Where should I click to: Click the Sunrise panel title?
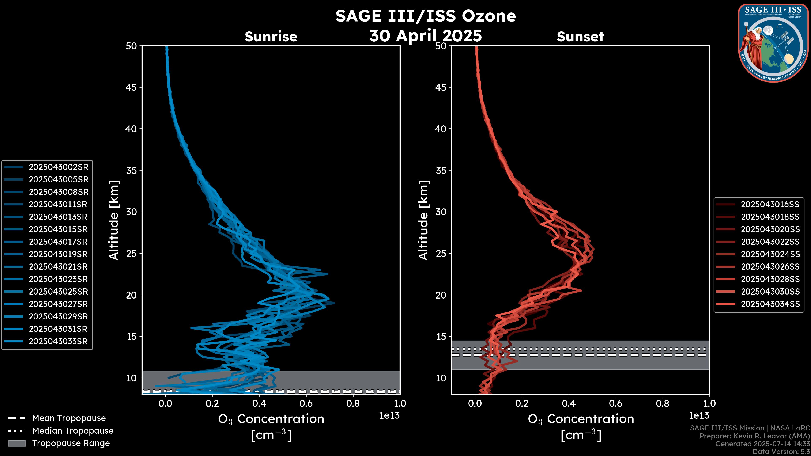click(271, 37)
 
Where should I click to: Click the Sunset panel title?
click(580, 37)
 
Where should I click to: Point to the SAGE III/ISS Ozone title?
click(425, 16)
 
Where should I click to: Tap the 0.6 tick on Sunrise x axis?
click(306, 403)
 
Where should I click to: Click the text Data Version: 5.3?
click(781, 452)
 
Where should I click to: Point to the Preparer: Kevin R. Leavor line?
click(754, 436)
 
